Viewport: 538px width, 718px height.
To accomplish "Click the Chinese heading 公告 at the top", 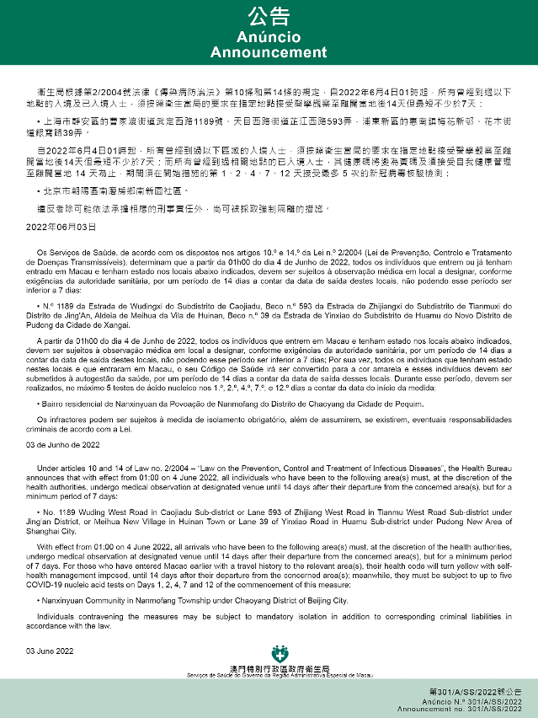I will [x=269, y=17].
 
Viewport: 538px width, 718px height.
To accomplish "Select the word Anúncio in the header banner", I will [x=269, y=37].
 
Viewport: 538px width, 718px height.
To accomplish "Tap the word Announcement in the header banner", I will [x=269, y=52].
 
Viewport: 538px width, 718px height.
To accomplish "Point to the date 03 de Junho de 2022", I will [x=63, y=443].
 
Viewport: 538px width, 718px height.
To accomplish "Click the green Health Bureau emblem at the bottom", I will [x=279, y=654].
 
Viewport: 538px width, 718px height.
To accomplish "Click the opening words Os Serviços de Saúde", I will [x=68, y=251].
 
